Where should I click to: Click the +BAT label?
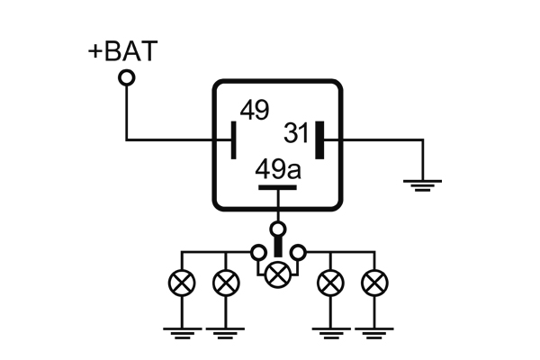pyautogui.click(x=121, y=50)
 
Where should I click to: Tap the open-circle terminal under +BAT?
pyautogui.click(x=127, y=79)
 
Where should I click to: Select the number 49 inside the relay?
pyautogui.click(x=254, y=111)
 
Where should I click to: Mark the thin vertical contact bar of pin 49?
pyautogui.click(x=234, y=139)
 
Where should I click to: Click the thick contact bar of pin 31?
pyautogui.click(x=319, y=139)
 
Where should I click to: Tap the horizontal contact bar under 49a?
pyautogui.click(x=278, y=188)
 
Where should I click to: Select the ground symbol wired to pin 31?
pyautogui.click(x=421, y=184)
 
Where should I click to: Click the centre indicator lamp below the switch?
pyautogui.click(x=279, y=271)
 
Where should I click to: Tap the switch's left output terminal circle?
pyautogui.click(x=256, y=251)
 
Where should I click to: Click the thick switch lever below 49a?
pyautogui.click(x=279, y=244)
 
